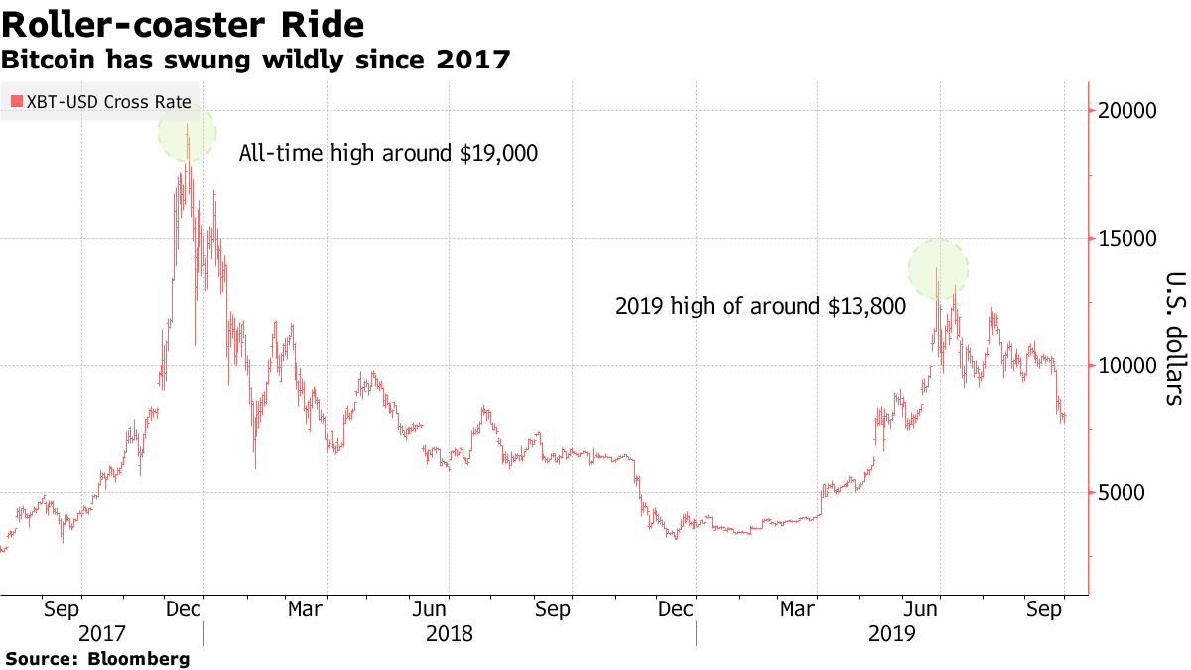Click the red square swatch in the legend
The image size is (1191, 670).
coord(16,101)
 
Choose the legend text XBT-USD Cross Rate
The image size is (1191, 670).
coord(108,101)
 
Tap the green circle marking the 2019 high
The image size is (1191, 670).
coord(938,267)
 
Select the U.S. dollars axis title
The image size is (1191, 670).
coord(1174,338)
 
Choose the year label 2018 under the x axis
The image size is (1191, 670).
coord(450,632)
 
